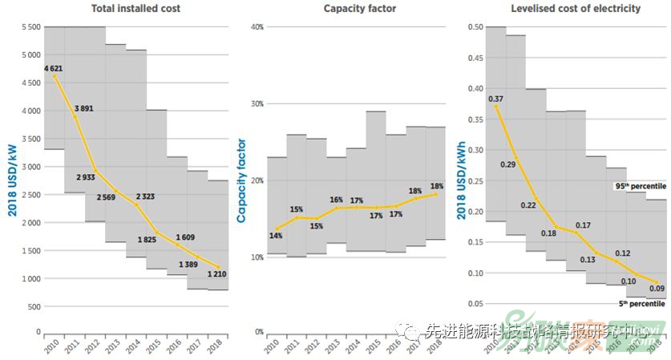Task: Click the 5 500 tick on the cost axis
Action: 30,27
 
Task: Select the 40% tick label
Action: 257,27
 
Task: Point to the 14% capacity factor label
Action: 276,236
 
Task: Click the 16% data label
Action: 336,200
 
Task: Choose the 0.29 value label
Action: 508,164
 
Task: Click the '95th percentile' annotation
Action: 640,186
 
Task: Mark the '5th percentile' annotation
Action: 641,304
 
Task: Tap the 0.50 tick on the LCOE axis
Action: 474,27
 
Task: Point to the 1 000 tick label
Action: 30,279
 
